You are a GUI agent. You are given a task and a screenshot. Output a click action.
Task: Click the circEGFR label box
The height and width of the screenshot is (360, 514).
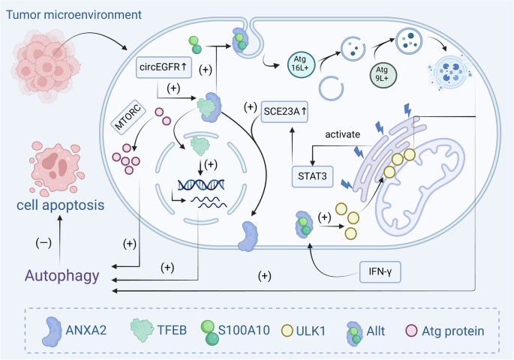click(x=164, y=67)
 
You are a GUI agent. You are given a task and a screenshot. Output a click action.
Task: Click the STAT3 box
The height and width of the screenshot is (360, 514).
click(x=310, y=177)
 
